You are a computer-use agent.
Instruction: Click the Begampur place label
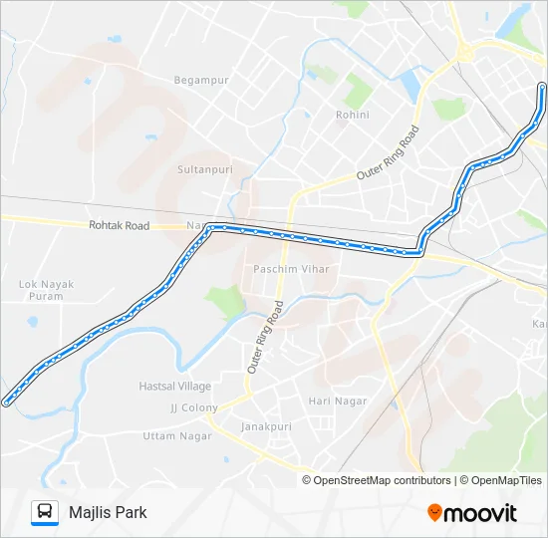[201, 80]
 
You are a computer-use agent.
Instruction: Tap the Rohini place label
[353, 115]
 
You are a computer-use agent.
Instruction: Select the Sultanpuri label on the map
[204, 170]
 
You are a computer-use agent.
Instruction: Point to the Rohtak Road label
[119, 226]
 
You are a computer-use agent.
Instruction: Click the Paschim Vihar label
[291, 269]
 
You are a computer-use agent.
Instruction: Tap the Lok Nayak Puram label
[47, 290]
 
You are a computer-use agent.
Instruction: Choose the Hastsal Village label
[175, 386]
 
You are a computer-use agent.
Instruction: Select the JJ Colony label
[193, 407]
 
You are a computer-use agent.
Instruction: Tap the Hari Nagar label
[338, 401]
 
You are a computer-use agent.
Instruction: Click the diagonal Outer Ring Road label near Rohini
[387, 154]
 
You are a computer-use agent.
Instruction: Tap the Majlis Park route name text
[108, 512]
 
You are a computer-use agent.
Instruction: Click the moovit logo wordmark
[480, 513]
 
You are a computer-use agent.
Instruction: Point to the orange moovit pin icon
[434, 512]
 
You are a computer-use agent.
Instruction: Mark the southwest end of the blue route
[7, 403]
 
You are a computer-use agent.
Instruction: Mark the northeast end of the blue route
[541, 87]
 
